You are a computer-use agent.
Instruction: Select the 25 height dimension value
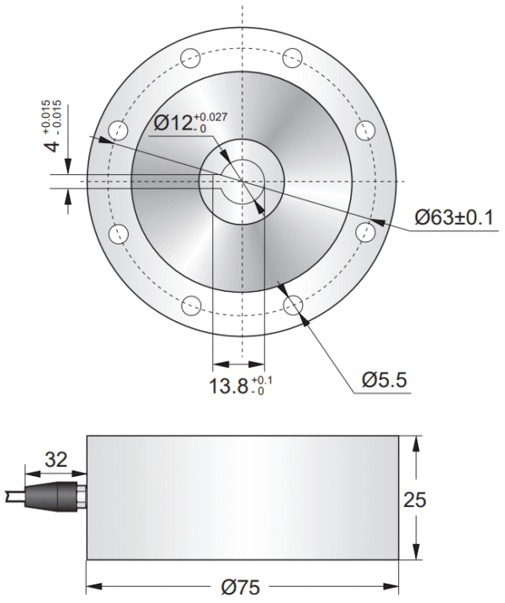[438, 499]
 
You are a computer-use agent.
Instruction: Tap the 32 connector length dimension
[56, 460]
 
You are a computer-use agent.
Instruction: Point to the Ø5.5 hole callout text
[385, 380]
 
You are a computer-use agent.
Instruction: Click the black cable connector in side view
[56, 496]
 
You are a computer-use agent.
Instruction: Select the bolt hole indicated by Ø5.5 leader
[294, 304]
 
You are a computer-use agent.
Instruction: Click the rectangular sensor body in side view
[242, 496]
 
